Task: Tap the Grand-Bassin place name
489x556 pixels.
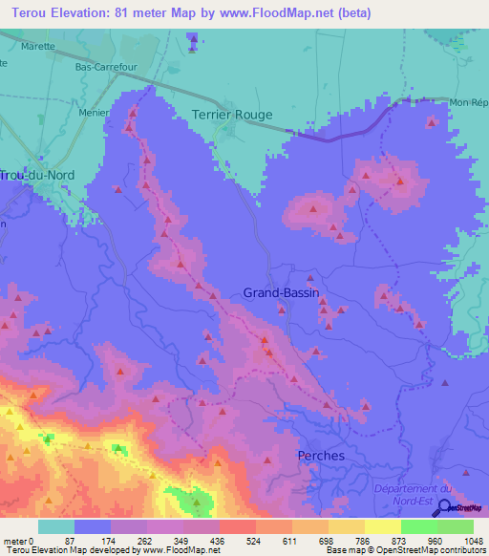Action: coord(281,293)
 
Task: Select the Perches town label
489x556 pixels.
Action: coord(321,456)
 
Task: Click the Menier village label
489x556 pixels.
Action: coord(92,111)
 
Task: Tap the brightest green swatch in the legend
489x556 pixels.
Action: coord(456,526)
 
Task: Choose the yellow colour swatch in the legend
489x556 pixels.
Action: coord(383,526)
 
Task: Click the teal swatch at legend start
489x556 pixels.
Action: coord(56,526)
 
